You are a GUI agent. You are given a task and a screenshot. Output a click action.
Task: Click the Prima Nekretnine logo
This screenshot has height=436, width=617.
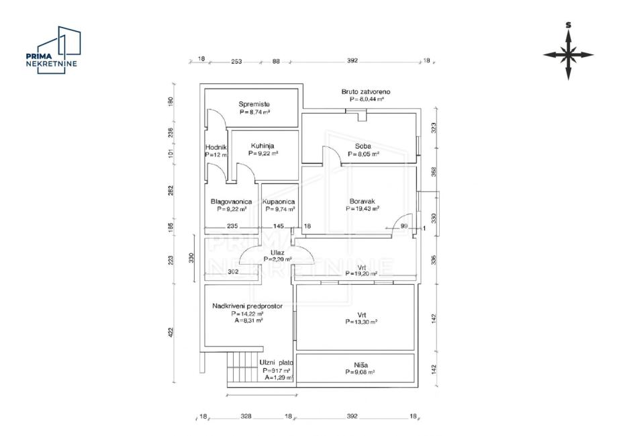tap(52, 51)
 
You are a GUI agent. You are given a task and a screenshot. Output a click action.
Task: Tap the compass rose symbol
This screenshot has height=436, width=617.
tap(568, 53)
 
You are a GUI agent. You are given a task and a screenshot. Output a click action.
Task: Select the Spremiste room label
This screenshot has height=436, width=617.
tap(254, 104)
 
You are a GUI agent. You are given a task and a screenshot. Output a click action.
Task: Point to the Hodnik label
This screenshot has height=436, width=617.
tap(216, 147)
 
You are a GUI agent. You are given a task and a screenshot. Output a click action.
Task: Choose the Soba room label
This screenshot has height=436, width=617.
tap(363, 146)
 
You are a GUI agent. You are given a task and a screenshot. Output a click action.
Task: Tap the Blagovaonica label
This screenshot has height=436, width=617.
tap(231, 201)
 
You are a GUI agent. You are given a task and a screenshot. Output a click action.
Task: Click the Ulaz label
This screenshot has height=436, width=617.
tap(278, 251)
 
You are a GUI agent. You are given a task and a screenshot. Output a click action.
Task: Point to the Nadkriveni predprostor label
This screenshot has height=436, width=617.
tap(247, 306)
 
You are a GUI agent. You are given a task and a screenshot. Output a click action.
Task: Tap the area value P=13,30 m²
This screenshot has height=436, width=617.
tap(360, 322)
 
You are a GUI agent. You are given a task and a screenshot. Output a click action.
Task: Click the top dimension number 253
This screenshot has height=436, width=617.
tap(236, 61)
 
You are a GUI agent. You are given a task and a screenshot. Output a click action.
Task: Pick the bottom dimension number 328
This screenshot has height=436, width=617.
tap(246, 417)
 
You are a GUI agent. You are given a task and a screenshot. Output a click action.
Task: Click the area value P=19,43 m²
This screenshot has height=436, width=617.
tap(363, 209)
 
